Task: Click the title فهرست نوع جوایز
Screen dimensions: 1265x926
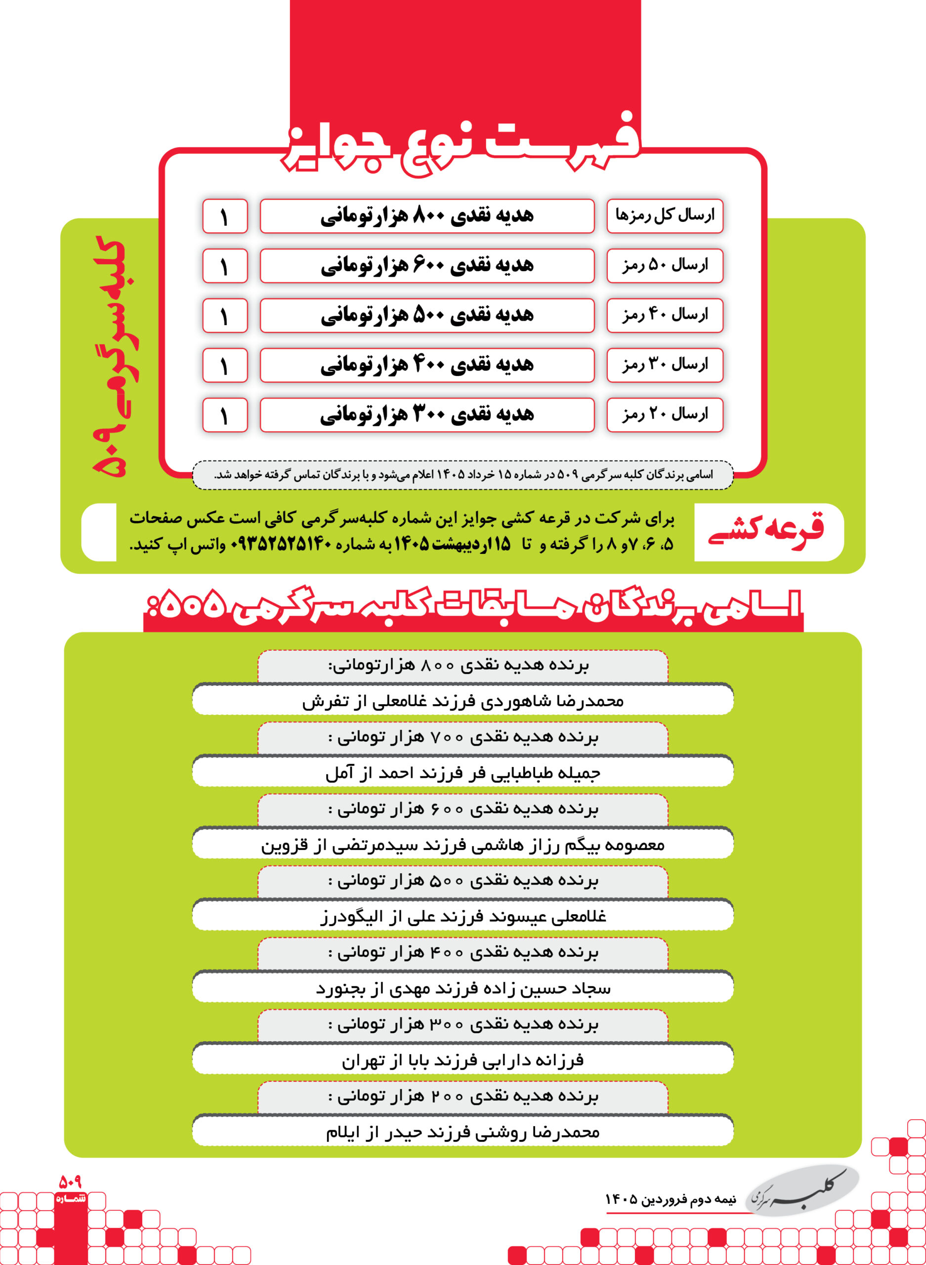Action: coord(463,143)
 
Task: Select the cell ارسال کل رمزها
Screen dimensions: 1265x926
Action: coord(665,216)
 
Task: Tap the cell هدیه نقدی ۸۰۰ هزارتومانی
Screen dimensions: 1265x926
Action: coord(427,216)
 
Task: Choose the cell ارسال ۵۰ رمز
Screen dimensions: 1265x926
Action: coord(665,266)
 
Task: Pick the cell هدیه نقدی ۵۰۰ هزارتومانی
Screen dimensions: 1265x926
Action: coord(427,316)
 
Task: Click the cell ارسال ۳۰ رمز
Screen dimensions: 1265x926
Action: coord(665,365)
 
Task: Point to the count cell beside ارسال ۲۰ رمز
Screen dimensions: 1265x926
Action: coord(225,415)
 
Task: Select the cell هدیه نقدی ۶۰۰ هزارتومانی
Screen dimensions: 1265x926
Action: coord(427,266)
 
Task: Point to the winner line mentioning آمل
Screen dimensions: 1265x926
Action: coord(463,773)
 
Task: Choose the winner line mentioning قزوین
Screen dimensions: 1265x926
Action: coord(463,844)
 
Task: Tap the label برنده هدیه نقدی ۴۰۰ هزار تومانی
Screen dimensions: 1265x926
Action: coord(463,952)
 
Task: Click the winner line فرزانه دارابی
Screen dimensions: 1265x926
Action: coord(463,1060)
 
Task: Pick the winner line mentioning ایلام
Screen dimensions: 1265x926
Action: coord(463,1132)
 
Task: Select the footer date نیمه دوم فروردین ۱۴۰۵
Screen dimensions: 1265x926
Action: coord(670,1199)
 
